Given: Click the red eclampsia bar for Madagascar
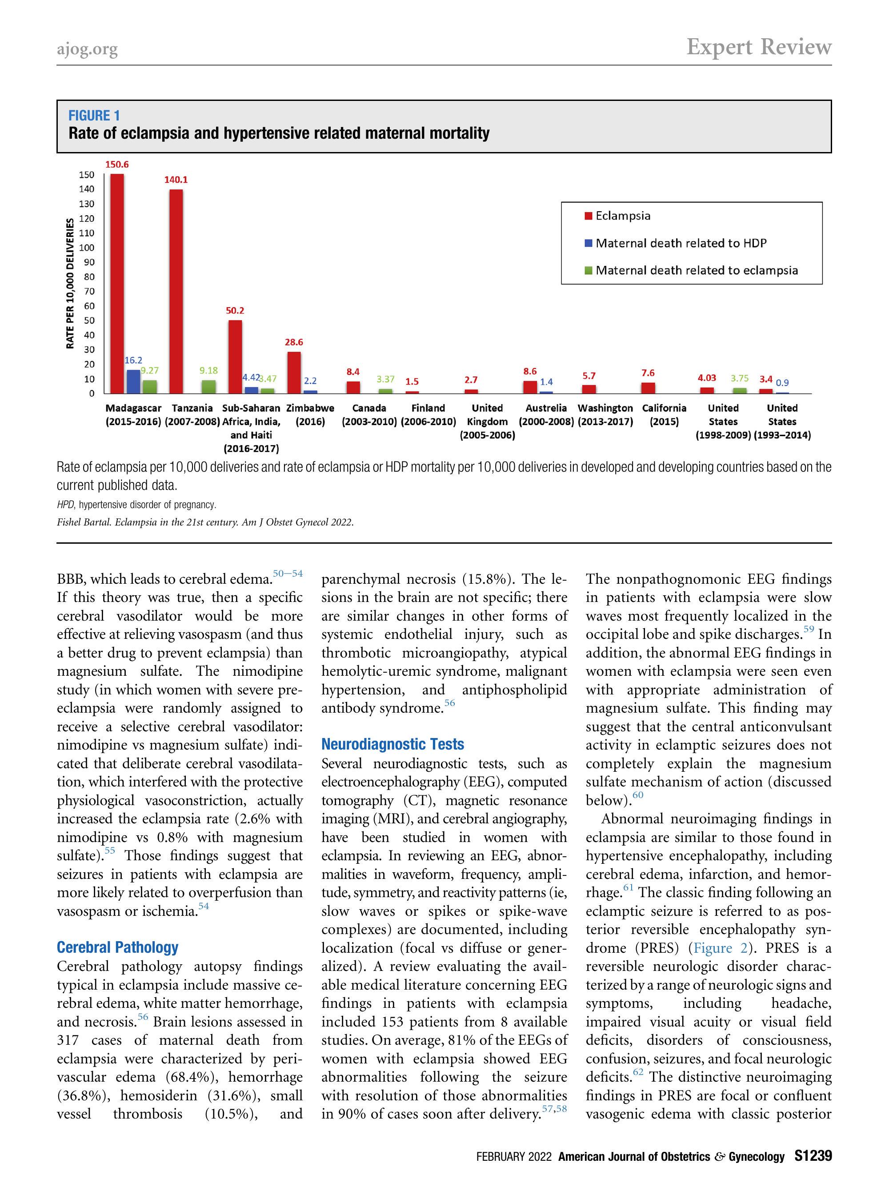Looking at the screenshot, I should tap(117, 284).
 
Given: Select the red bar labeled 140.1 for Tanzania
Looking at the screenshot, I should tap(176, 291).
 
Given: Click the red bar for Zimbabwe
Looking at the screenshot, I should tap(294, 373).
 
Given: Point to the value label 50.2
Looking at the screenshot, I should tap(235, 311).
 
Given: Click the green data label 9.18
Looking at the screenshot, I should tap(208, 370).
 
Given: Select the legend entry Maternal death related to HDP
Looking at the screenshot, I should tap(680, 243).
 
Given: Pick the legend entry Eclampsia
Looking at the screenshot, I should tap(623, 216).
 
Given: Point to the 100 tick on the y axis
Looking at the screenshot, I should tap(87, 248).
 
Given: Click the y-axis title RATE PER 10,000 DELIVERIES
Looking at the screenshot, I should tap(70, 283).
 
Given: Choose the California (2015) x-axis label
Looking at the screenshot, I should tap(664, 415).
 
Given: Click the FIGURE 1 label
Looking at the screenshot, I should tap(94, 116).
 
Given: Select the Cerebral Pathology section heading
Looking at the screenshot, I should tap(117, 947).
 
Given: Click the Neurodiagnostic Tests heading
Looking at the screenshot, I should tap(392, 745).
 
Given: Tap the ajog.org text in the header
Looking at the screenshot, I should tap(87, 49).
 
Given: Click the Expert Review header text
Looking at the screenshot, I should tap(759, 48).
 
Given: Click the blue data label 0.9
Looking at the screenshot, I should tap(782, 383).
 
